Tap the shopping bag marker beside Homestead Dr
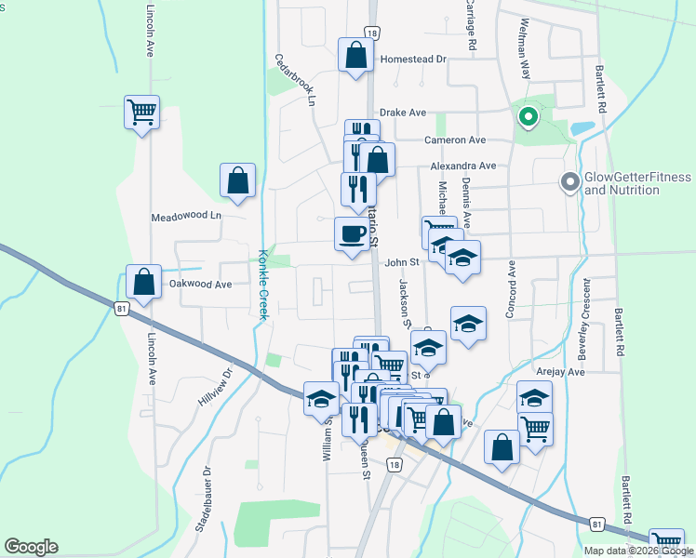click(355, 55)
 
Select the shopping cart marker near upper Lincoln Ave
click(141, 113)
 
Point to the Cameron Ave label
click(455, 140)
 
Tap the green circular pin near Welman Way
click(527, 117)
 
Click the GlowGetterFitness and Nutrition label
click(637, 183)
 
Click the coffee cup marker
click(351, 234)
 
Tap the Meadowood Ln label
click(188, 217)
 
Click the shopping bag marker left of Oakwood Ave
click(143, 283)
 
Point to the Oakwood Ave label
click(200, 285)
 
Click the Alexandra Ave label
click(462, 166)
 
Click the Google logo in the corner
click(31, 547)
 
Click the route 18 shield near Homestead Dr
click(372, 33)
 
